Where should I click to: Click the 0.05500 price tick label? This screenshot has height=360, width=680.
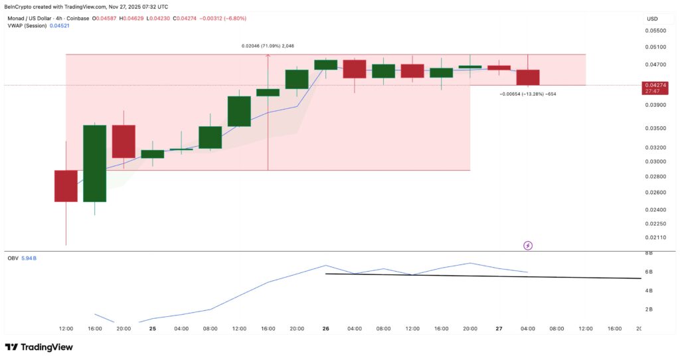[657, 31]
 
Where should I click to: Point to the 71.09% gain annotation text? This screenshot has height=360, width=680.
[267, 46]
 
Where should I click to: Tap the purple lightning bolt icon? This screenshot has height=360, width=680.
[528, 246]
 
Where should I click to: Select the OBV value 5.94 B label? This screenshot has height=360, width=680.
[27, 258]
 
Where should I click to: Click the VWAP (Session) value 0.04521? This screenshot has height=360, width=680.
[58, 25]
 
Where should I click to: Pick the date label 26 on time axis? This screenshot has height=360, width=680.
[326, 328]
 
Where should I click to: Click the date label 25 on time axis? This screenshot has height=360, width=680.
[153, 328]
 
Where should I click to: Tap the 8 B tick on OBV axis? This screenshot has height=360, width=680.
[649, 253]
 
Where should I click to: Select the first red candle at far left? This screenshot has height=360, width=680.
[66, 185]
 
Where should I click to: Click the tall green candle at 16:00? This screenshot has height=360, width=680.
[94, 163]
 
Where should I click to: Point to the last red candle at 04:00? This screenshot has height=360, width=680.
[528, 77]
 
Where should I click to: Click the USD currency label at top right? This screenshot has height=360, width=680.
[652, 19]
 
